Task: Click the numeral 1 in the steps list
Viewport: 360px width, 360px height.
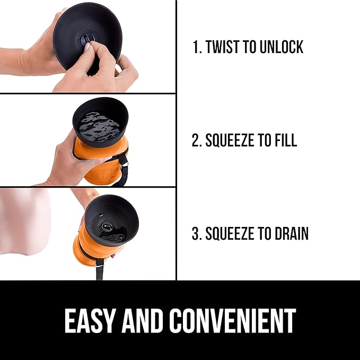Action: point(196,47)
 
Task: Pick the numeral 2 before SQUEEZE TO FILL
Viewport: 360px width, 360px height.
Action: point(195,140)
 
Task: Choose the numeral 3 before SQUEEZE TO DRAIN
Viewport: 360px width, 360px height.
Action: point(195,233)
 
